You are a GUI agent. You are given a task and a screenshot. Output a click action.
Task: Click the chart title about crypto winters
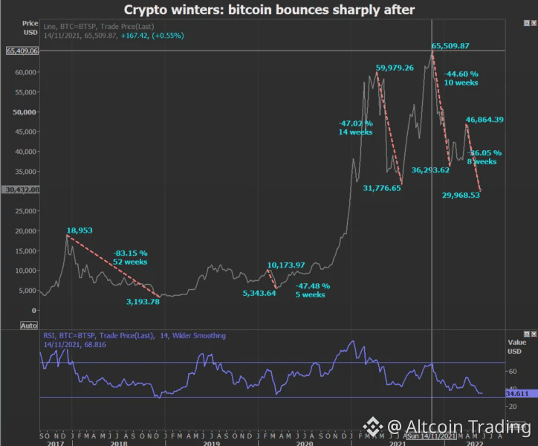pyautogui.click(x=268, y=10)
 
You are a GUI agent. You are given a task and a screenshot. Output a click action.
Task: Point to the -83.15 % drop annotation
pyautogui.click(x=131, y=257)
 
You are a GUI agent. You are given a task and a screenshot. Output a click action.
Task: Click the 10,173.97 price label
pyautogui.click(x=286, y=265)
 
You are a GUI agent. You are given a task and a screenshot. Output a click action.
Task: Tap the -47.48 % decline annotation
pyautogui.click(x=312, y=290)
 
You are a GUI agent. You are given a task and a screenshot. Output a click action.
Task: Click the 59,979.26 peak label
pyautogui.click(x=395, y=68)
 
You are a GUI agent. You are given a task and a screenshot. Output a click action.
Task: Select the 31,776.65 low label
pyautogui.click(x=382, y=189)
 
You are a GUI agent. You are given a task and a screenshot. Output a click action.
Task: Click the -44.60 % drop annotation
pyautogui.click(x=461, y=78)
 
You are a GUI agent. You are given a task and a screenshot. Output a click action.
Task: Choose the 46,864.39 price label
pyautogui.click(x=484, y=120)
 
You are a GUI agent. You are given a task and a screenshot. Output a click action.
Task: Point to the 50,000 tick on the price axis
pyautogui.click(x=25, y=112)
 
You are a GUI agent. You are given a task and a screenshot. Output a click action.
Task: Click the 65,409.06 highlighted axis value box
pyautogui.click(x=22, y=51)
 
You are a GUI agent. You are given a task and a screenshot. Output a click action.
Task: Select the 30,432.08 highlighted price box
pyautogui.click(x=22, y=190)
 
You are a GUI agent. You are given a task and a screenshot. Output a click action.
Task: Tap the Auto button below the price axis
pyautogui.click(x=29, y=326)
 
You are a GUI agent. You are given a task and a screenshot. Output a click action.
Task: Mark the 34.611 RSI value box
pyautogui.click(x=516, y=393)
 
